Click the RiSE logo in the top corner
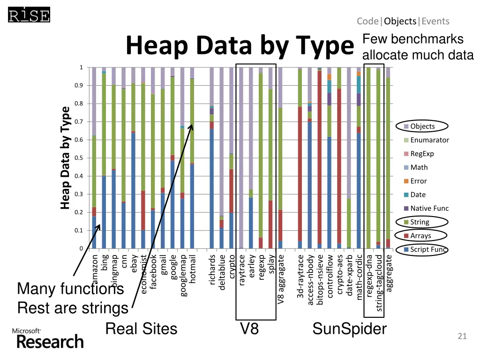coord(29,16)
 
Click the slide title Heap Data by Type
coord(239,47)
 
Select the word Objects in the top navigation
coord(400,21)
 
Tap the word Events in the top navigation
coord(435,21)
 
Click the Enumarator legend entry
coord(429,140)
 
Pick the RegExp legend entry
coord(422,154)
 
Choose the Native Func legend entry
coord(429,209)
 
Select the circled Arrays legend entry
coord(420,236)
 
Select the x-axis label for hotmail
coord(193,268)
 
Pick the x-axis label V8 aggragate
coord(281,279)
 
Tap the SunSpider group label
coord(349,329)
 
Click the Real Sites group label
coord(141,329)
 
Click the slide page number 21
coord(462,336)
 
